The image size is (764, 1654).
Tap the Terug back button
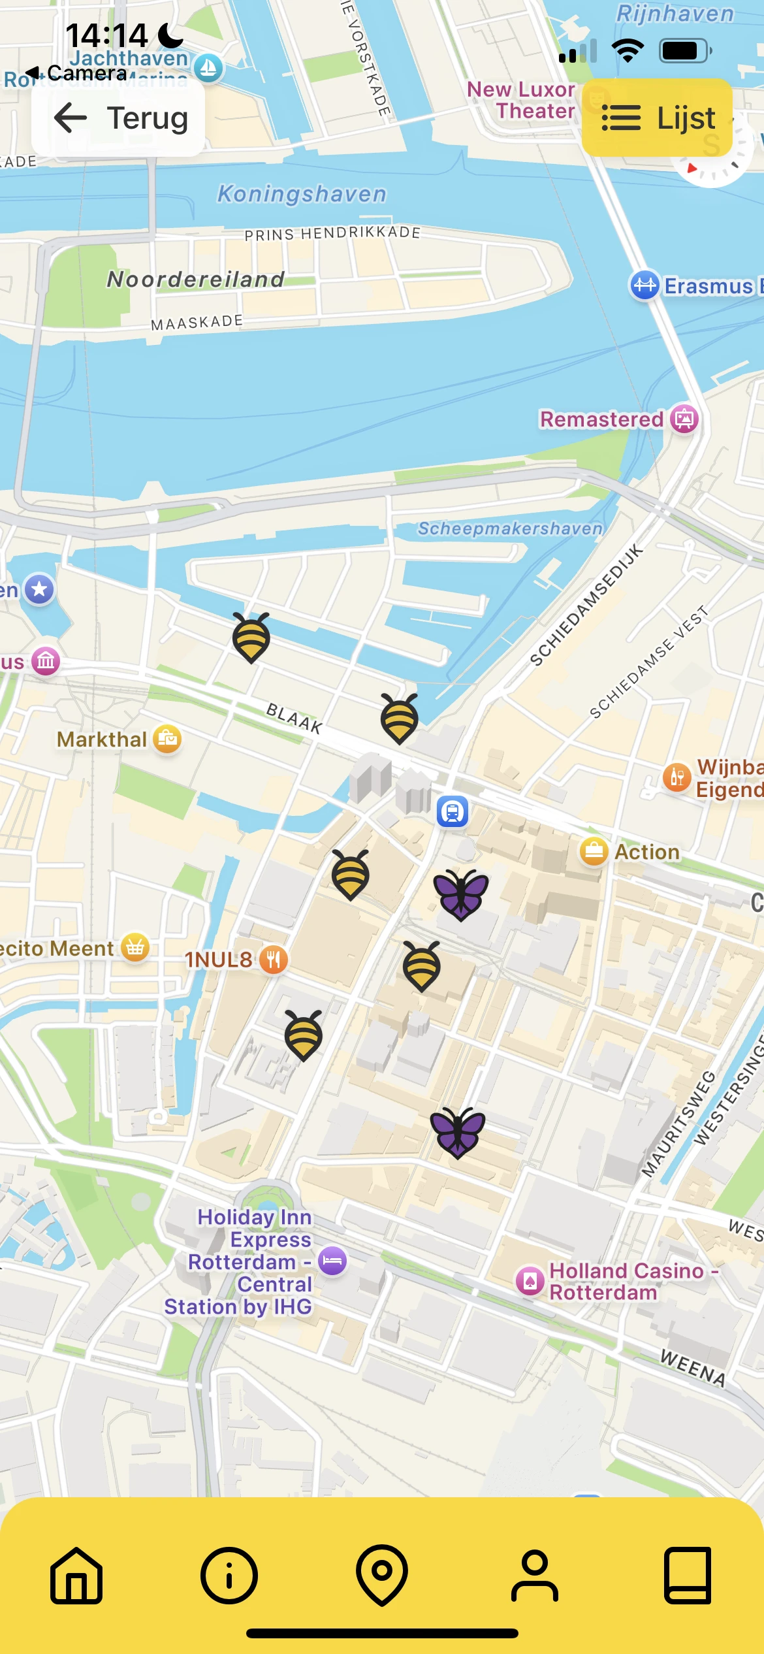tap(119, 119)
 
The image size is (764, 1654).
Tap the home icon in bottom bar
tap(76, 1575)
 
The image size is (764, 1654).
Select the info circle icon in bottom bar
tap(229, 1575)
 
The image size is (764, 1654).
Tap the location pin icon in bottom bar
tap(382, 1575)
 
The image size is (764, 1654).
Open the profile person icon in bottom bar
tap(535, 1575)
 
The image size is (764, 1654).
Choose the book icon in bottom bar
tap(688, 1575)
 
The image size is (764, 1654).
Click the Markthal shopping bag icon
tap(167, 739)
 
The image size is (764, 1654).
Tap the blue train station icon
tap(453, 811)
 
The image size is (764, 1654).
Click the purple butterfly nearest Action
tap(461, 894)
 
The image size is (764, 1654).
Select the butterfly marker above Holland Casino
tap(458, 1132)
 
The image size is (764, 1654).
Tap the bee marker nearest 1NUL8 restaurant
tap(304, 1035)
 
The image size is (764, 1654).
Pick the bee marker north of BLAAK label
tap(251, 637)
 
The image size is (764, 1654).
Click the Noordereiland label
tap(196, 280)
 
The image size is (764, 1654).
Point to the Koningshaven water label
tap(302, 194)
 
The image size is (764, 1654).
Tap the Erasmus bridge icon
tap(645, 285)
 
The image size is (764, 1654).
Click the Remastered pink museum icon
tap(684, 419)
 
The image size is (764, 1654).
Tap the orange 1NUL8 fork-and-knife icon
tap(274, 960)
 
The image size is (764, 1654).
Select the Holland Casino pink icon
tap(530, 1281)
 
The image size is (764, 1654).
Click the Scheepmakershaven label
tap(509, 528)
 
